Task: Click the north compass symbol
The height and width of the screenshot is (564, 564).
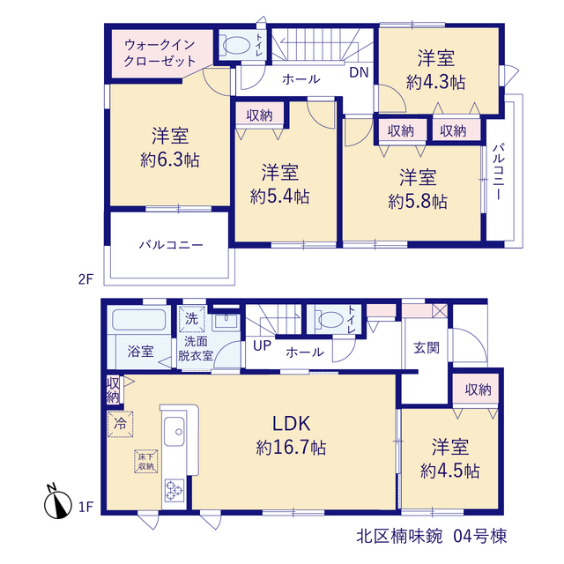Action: [57, 503]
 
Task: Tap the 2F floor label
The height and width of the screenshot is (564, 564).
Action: [86, 278]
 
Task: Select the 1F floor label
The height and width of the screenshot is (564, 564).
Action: [86, 507]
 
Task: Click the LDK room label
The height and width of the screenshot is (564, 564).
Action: [292, 424]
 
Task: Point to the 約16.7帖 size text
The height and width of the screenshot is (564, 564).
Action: [292, 449]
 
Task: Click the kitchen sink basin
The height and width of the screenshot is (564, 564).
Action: [174, 432]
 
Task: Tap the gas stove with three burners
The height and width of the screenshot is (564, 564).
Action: [174, 490]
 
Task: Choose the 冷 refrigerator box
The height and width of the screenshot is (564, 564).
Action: [120, 424]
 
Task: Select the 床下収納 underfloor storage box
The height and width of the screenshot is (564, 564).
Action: [146, 461]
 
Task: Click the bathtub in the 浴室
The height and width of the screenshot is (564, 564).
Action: [139, 320]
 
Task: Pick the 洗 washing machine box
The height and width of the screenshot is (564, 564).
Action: [192, 319]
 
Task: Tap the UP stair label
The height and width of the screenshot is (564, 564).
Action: [262, 345]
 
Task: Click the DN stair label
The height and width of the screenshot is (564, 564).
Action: [359, 72]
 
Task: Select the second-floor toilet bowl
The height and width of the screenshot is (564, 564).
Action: [235, 46]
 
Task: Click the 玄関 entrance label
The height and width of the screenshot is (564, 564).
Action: [427, 347]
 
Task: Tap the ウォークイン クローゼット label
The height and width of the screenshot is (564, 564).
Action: [160, 53]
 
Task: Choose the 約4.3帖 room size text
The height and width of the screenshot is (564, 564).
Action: [436, 82]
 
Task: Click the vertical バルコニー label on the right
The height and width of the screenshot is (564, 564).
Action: [499, 172]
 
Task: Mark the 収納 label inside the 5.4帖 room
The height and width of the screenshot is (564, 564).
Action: [259, 115]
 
